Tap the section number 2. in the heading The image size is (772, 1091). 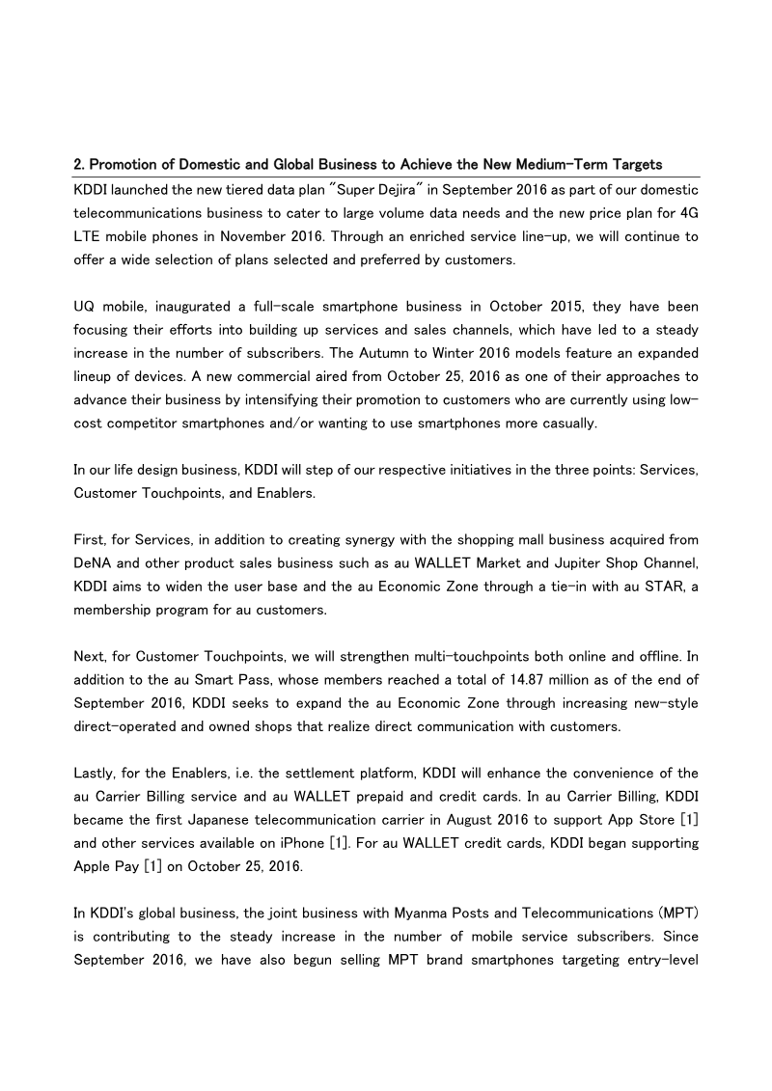80,165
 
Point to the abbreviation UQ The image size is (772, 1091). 84,307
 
